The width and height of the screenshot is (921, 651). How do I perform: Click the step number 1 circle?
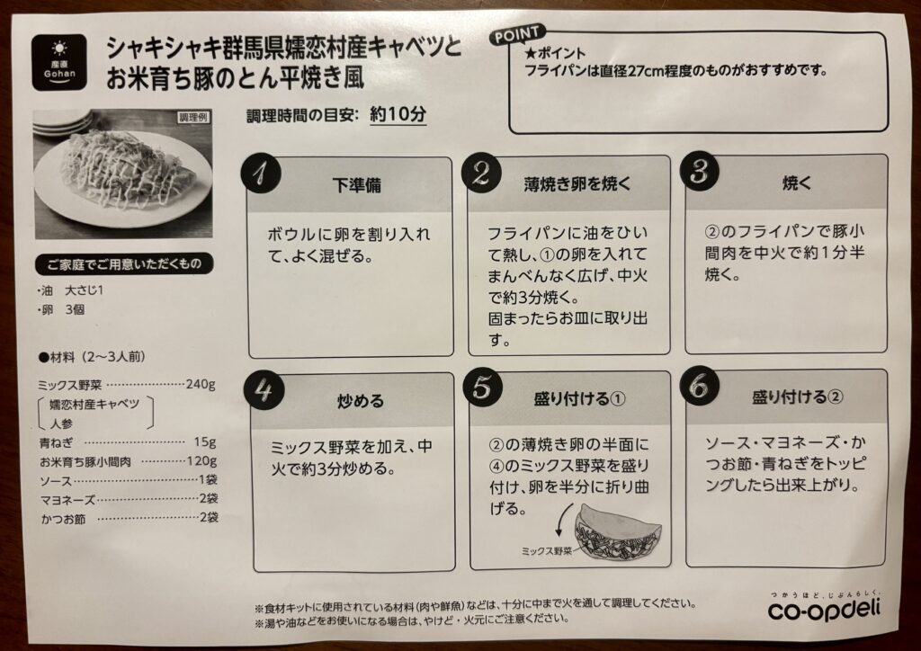click(261, 173)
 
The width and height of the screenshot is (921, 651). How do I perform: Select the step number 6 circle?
click(699, 387)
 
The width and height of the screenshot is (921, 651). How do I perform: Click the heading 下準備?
click(356, 185)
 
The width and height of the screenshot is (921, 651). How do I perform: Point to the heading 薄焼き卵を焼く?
click(577, 184)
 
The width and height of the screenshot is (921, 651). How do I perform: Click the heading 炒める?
click(360, 401)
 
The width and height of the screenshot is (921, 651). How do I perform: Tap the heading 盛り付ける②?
click(798, 397)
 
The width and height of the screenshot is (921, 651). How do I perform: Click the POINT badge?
click(517, 36)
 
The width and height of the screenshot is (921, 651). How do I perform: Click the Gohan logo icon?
click(59, 62)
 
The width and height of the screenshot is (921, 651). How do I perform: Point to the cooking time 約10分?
click(398, 114)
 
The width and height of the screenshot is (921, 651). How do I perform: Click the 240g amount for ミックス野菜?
click(201, 385)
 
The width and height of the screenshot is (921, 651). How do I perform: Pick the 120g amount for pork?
click(202, 460)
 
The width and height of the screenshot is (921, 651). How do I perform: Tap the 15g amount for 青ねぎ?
click(205, 441)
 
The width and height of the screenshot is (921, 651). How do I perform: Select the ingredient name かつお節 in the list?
click(64, 519)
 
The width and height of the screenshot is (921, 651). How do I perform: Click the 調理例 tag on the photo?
click(192, 118)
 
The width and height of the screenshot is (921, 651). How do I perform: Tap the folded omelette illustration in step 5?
click(618, 532)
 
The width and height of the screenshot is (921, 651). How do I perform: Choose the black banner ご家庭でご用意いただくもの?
click(123, 264)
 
